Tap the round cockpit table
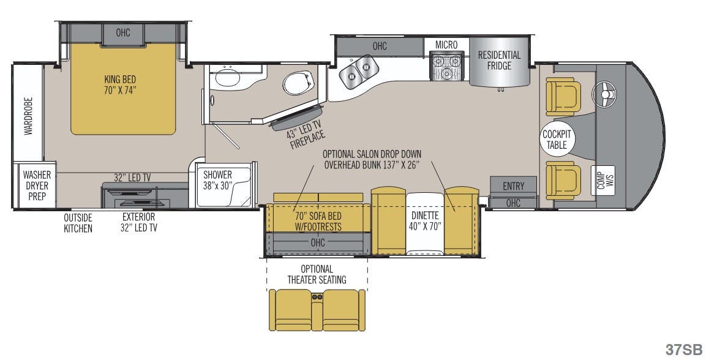557,140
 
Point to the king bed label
119,84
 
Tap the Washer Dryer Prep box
36,184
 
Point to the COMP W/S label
604,181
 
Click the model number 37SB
683,349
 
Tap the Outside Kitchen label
78,223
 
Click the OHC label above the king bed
122,32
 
